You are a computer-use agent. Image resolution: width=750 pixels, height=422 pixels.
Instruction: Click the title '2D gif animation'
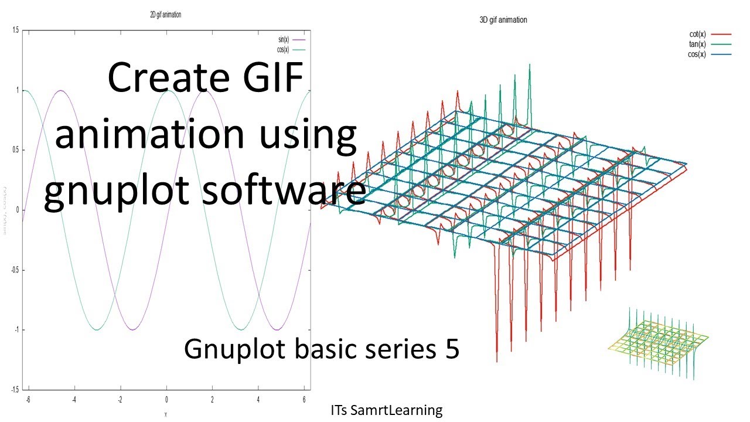[165, 15]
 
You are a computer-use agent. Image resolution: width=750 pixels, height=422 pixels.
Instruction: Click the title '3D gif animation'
[503, 20]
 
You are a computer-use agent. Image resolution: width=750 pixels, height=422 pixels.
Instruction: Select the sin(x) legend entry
[283, 39]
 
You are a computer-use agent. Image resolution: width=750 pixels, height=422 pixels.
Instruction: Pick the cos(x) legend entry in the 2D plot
[283, 49]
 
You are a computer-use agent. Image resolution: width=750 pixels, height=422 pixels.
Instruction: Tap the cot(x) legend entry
[697, 35]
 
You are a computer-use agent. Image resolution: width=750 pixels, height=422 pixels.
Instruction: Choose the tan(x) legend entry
[697, 45]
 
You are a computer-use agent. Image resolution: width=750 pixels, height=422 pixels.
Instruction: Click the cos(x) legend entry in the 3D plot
[697, 55]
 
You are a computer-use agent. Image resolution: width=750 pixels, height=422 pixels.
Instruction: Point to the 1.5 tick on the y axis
[15, 30]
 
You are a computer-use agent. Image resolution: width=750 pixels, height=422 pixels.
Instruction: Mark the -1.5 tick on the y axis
[15, 389]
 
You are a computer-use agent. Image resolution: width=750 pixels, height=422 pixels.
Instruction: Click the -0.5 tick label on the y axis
[15, 270]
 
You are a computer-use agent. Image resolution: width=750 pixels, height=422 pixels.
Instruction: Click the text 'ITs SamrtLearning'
[386, 410]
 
